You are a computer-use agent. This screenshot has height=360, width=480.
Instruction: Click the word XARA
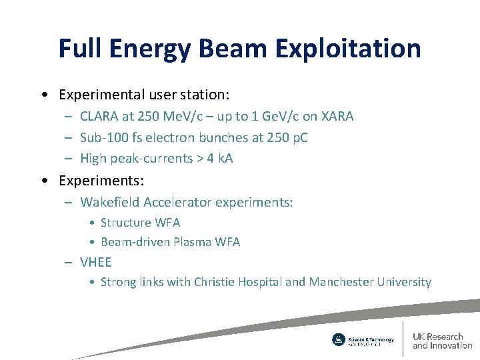(337, 116)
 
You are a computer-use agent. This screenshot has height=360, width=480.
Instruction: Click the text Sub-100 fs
(109, 137)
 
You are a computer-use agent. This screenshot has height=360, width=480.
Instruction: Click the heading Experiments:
(101, 181)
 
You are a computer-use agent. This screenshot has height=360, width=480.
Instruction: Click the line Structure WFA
(140, 223)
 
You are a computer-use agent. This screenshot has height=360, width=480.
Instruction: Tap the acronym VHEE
(96, 262)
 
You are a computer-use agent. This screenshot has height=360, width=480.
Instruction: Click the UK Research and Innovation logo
(441, 341)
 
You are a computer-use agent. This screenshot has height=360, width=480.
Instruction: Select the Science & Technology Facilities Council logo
(363, 340)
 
